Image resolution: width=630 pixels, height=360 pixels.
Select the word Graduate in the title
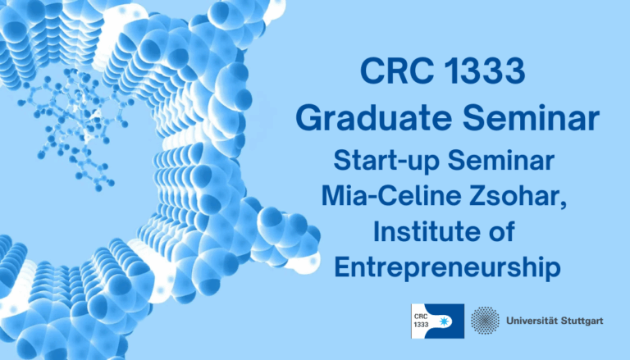click(370, 119)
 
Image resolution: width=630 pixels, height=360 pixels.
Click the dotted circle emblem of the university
click(484, 320)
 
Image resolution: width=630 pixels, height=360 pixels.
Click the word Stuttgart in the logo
click(582, 321)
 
